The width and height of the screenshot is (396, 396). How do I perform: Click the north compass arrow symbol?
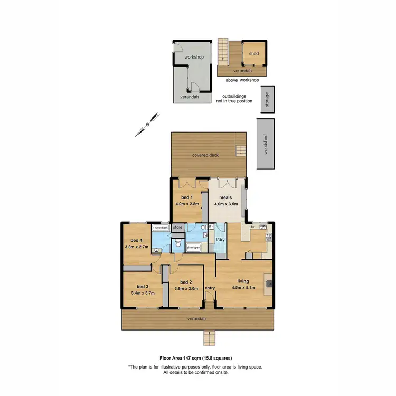tap(147, 125)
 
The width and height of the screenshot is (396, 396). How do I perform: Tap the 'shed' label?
tap(254, 53)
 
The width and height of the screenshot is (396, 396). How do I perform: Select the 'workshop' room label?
tap(194, 57)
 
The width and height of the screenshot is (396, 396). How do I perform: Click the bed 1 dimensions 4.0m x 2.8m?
tap(187, 206)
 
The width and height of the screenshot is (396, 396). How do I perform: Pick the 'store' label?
tap(177, 228)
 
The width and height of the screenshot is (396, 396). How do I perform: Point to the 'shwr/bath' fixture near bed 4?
tap(161, 228)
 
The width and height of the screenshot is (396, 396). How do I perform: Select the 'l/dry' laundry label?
tap(221, 239)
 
